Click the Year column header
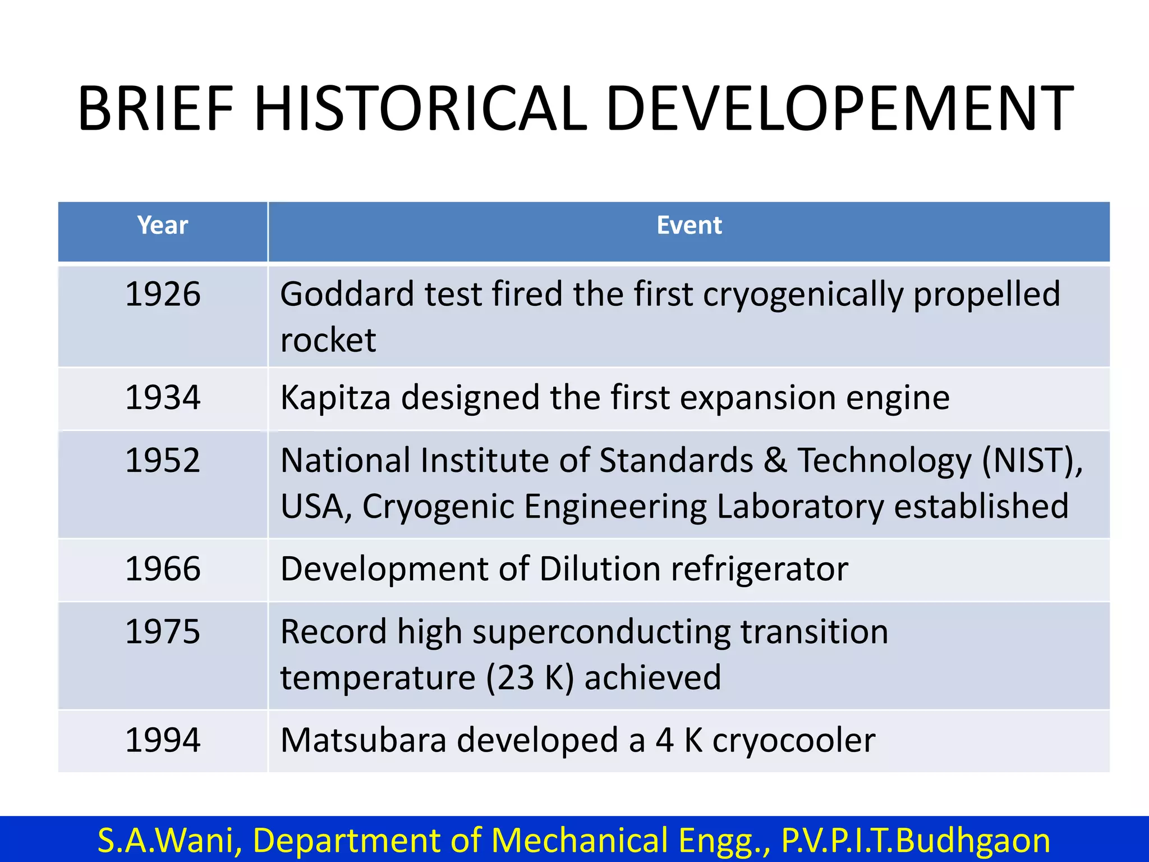163,226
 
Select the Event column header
689,226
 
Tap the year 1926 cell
163,294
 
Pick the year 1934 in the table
163,398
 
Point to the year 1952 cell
163,461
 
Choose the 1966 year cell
163,569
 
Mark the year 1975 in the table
163,632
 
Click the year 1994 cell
163,740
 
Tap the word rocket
328,340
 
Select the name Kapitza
335,398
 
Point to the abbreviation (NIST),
1032,461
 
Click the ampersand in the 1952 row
775,461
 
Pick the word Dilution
600,569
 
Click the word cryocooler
793,740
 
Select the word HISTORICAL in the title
421,109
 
